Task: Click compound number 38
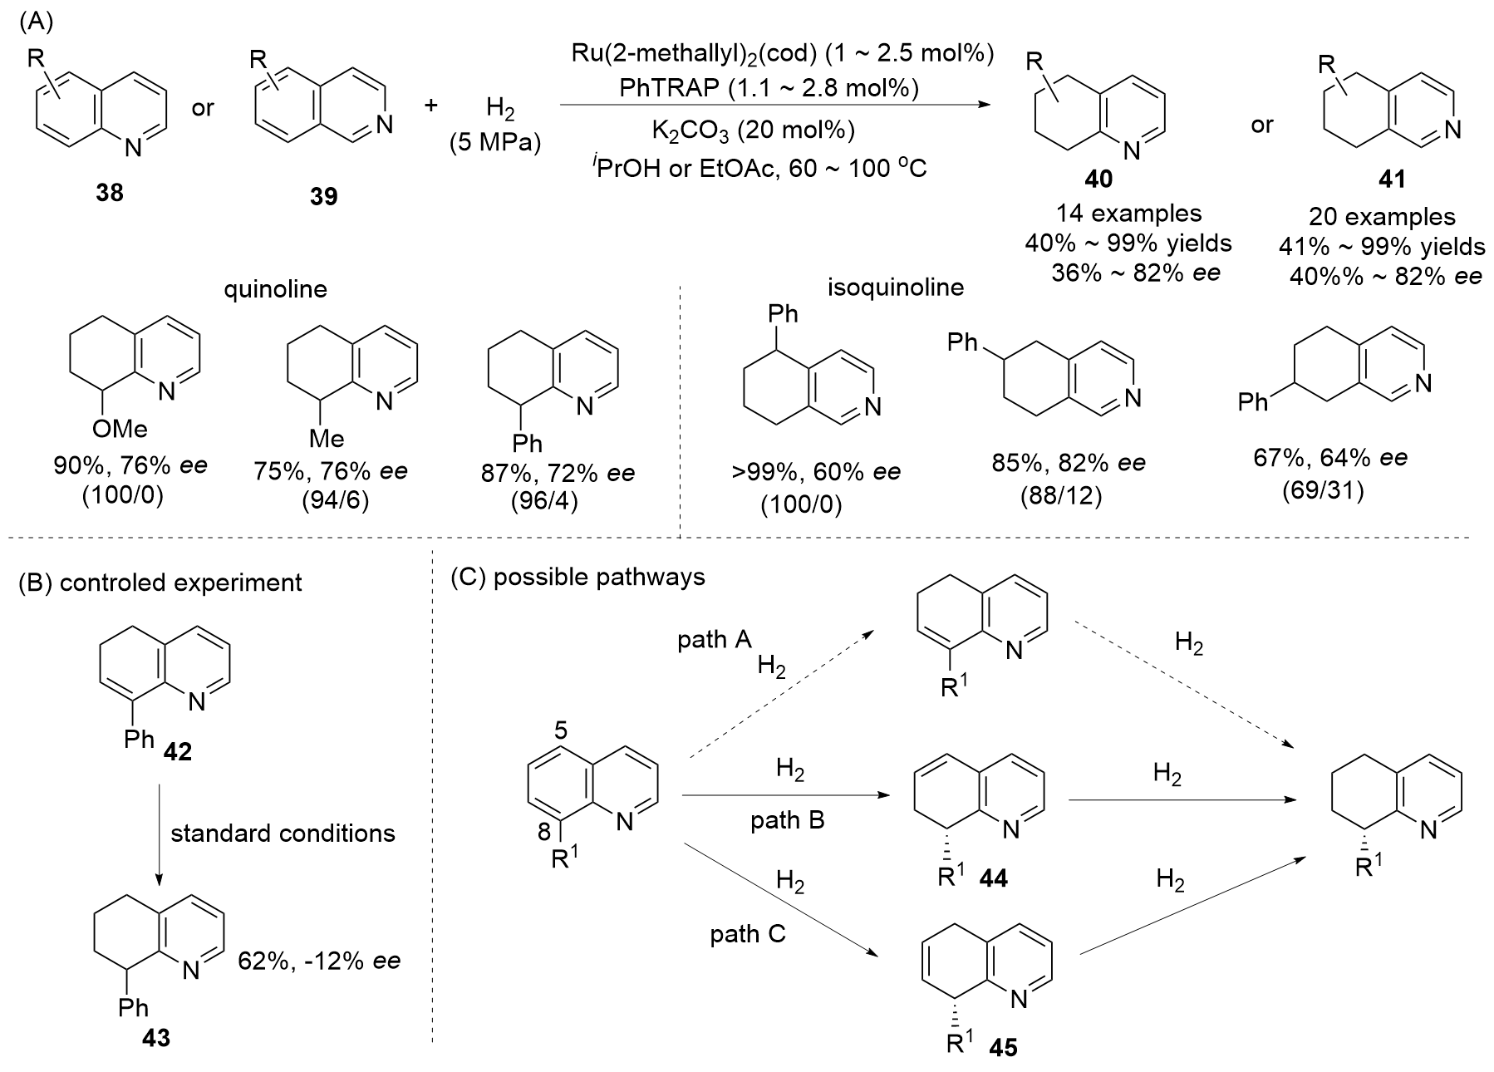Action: tap(110, 193)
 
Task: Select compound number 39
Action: tap(323, 196)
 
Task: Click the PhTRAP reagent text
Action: tap(769, 88)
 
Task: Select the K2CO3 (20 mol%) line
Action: tap(753, 130)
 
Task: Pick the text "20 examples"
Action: tap(1383, 217)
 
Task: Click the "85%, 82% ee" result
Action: tap(1068, 463)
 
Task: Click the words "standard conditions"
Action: tap(283, 833)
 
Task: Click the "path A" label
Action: tap(715, 640)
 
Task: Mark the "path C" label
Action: tap(747, 935)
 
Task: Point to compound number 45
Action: tap(1003, 1049)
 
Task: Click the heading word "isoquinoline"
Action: tap(896, 288)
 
